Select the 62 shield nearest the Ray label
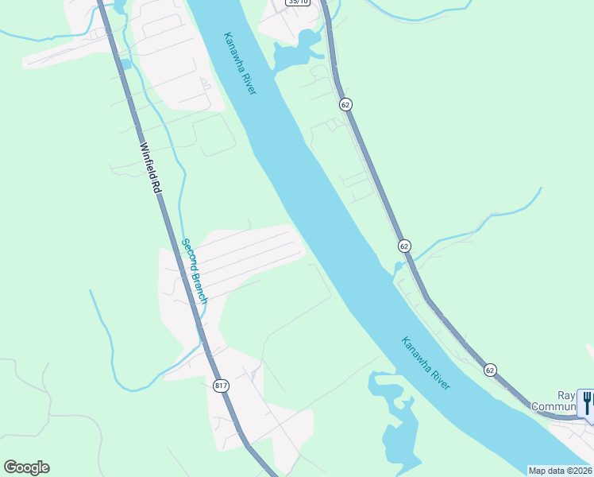(x=490, y=370)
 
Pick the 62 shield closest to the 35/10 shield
(x=345, y=104)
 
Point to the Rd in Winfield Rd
(x=156, y=189)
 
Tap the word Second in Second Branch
(x=189, y=255)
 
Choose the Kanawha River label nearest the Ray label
(x=426, y=363)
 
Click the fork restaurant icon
(x=586, y=402)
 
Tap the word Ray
(x=565, y=395)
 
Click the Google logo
(x=26, y=467)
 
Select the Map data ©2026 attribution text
(x=559, y=470)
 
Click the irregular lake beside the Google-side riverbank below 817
(x=397, y=421)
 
